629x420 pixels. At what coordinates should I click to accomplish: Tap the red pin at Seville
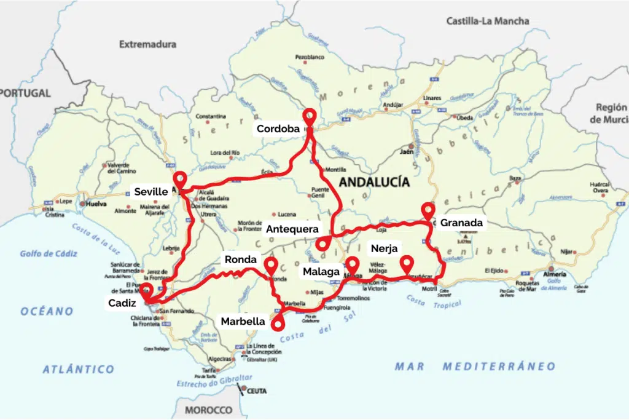[x=179, y=179]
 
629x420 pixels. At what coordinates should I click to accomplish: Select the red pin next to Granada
[x=428, y=210]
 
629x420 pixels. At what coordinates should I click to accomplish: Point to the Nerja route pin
[x=406, y=263]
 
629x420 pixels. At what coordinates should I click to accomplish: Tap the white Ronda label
[x=240, y=259]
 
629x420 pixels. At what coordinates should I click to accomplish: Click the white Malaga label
[x=321, y=271]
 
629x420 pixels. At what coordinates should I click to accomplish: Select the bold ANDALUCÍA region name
[x=374, y=182]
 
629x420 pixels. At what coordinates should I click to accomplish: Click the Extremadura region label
[x=147, y=44]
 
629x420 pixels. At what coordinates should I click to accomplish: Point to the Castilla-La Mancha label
[x=488, y=21]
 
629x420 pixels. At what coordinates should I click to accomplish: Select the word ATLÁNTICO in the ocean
[x=79, y=370]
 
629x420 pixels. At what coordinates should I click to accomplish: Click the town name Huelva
[x=96, y=203]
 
